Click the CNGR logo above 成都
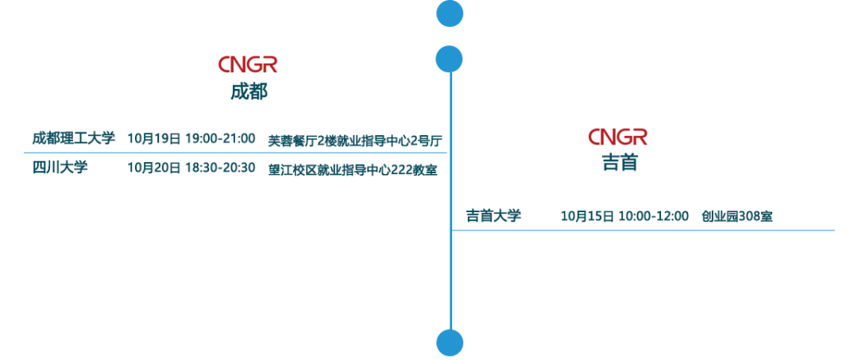248,64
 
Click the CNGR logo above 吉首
618,137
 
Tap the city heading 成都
249,91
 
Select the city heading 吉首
620,163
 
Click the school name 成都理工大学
74,138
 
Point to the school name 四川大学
60,167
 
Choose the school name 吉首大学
493,215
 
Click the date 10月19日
154,138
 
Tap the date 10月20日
154,167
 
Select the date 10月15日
588,215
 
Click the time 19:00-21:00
220,138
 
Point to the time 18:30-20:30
220,167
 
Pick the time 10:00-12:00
654,215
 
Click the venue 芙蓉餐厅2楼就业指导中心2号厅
354,140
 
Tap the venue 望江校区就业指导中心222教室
352,168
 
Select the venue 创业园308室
736,215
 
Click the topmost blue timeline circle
450,13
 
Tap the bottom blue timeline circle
450,342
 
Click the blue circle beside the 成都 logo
450,58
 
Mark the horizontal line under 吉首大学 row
643,230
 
